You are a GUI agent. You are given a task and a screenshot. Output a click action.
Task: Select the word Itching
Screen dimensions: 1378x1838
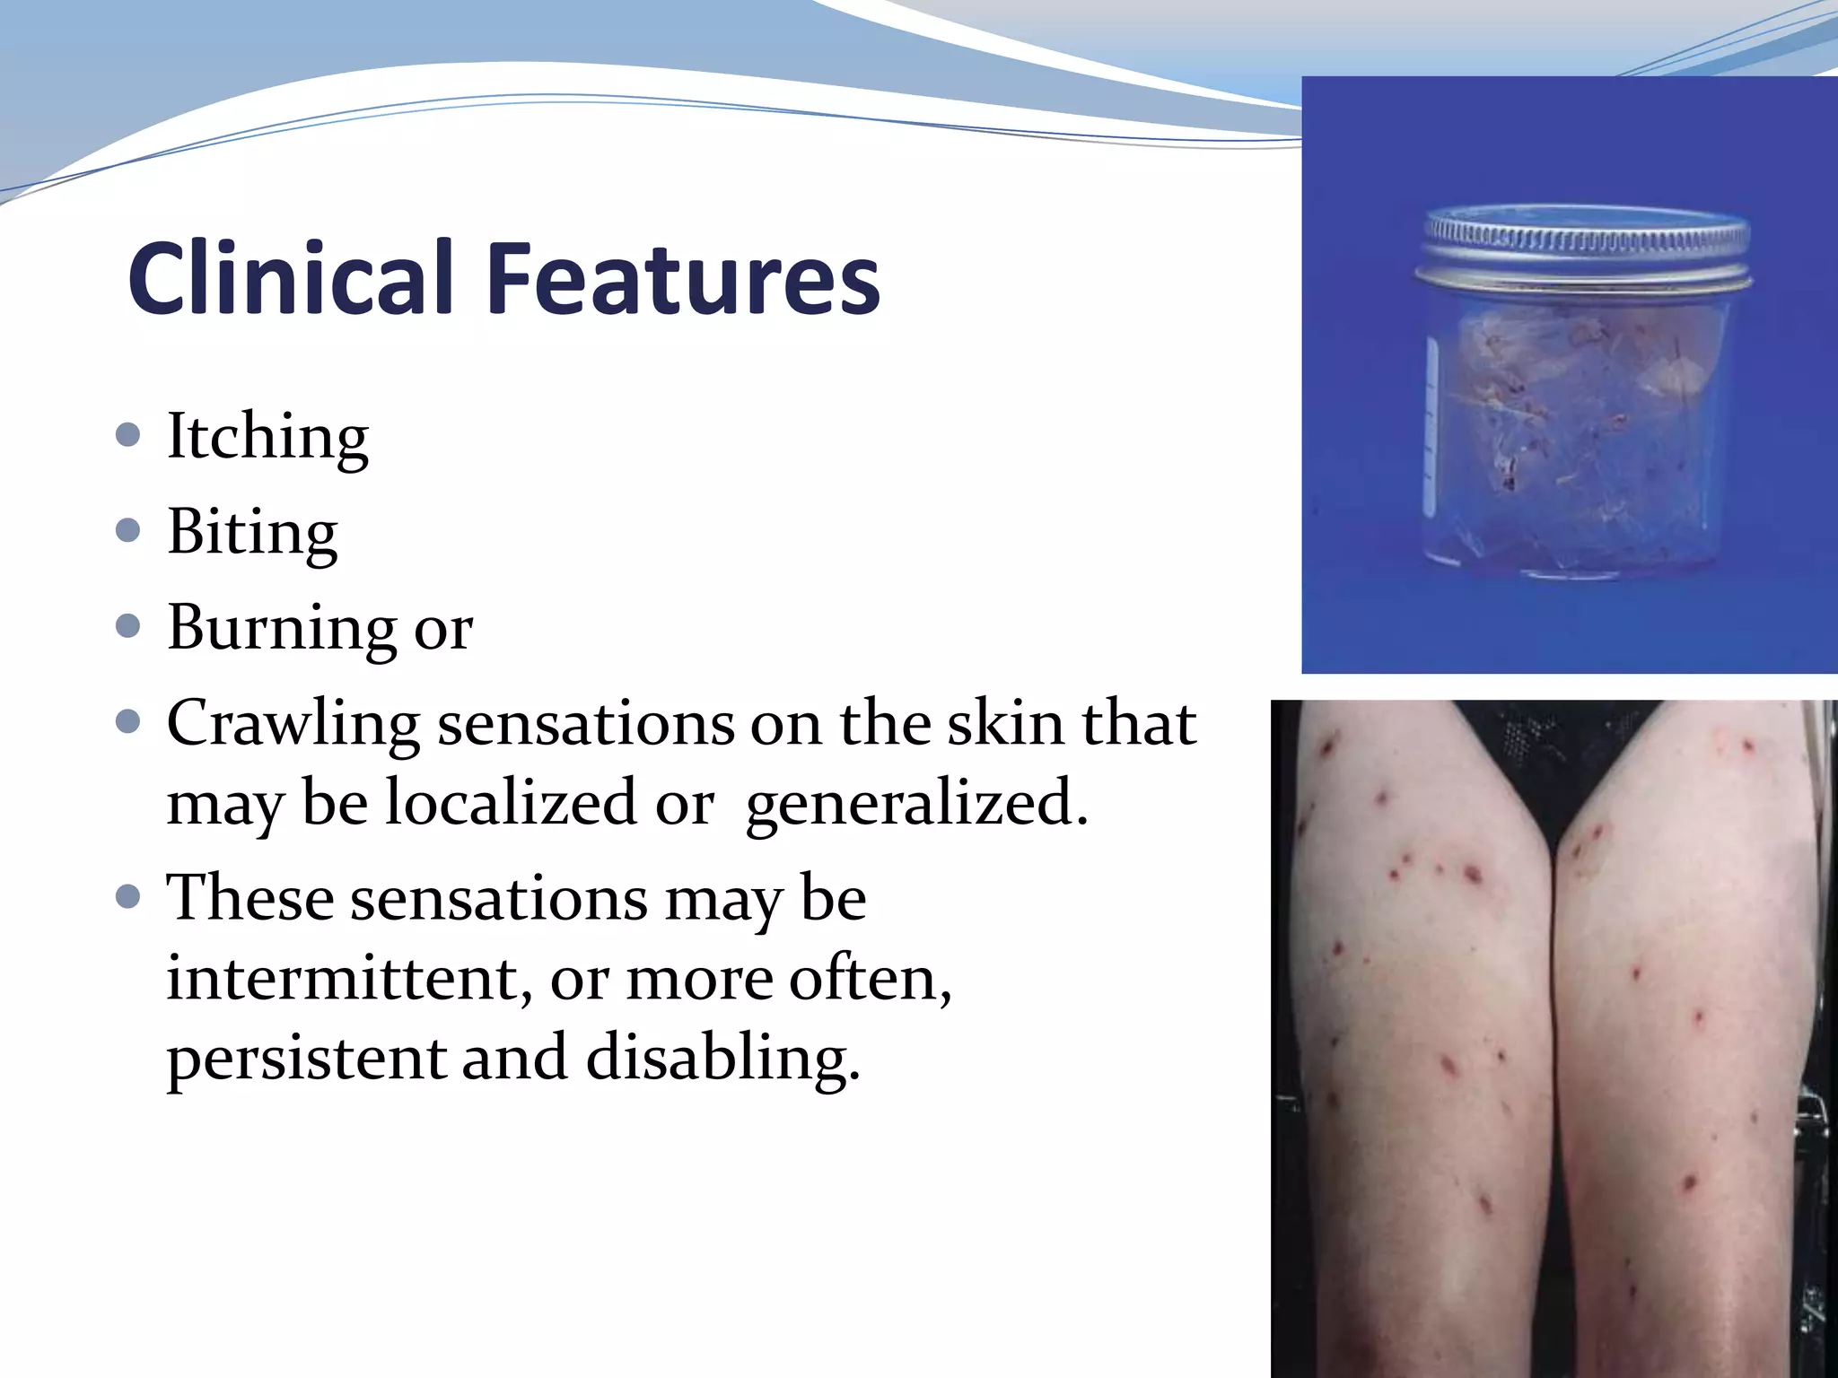click(x=267, y=437)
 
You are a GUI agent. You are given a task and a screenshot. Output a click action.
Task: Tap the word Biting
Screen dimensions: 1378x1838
click(x=252, y=532)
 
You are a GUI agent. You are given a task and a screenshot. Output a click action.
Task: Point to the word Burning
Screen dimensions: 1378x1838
click(x=281, y=628)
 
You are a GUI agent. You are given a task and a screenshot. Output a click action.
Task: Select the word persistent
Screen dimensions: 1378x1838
click(x=305, y=1058)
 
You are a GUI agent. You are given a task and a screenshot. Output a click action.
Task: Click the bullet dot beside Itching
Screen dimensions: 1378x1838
click(x=128, y=436)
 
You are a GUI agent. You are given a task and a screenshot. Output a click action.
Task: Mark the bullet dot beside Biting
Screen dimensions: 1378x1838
click(x=128, y=531)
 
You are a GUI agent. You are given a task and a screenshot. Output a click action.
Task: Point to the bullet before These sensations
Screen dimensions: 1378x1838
click(x=128, y=896)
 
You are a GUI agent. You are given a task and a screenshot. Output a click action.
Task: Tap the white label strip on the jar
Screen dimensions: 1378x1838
click(x=1431, y=431)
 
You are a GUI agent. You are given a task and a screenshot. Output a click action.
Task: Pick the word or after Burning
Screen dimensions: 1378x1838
click(x=442, y=630)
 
